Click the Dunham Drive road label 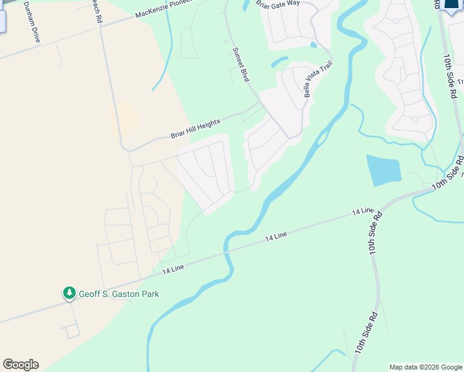(32, 21)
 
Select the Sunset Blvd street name (240, 65)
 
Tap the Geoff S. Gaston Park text (118, 294)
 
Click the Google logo (20, 365)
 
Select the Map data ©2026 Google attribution (425, 367)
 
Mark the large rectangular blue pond (383, 170)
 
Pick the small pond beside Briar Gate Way (314, 45)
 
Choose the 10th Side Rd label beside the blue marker (450, 76)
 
